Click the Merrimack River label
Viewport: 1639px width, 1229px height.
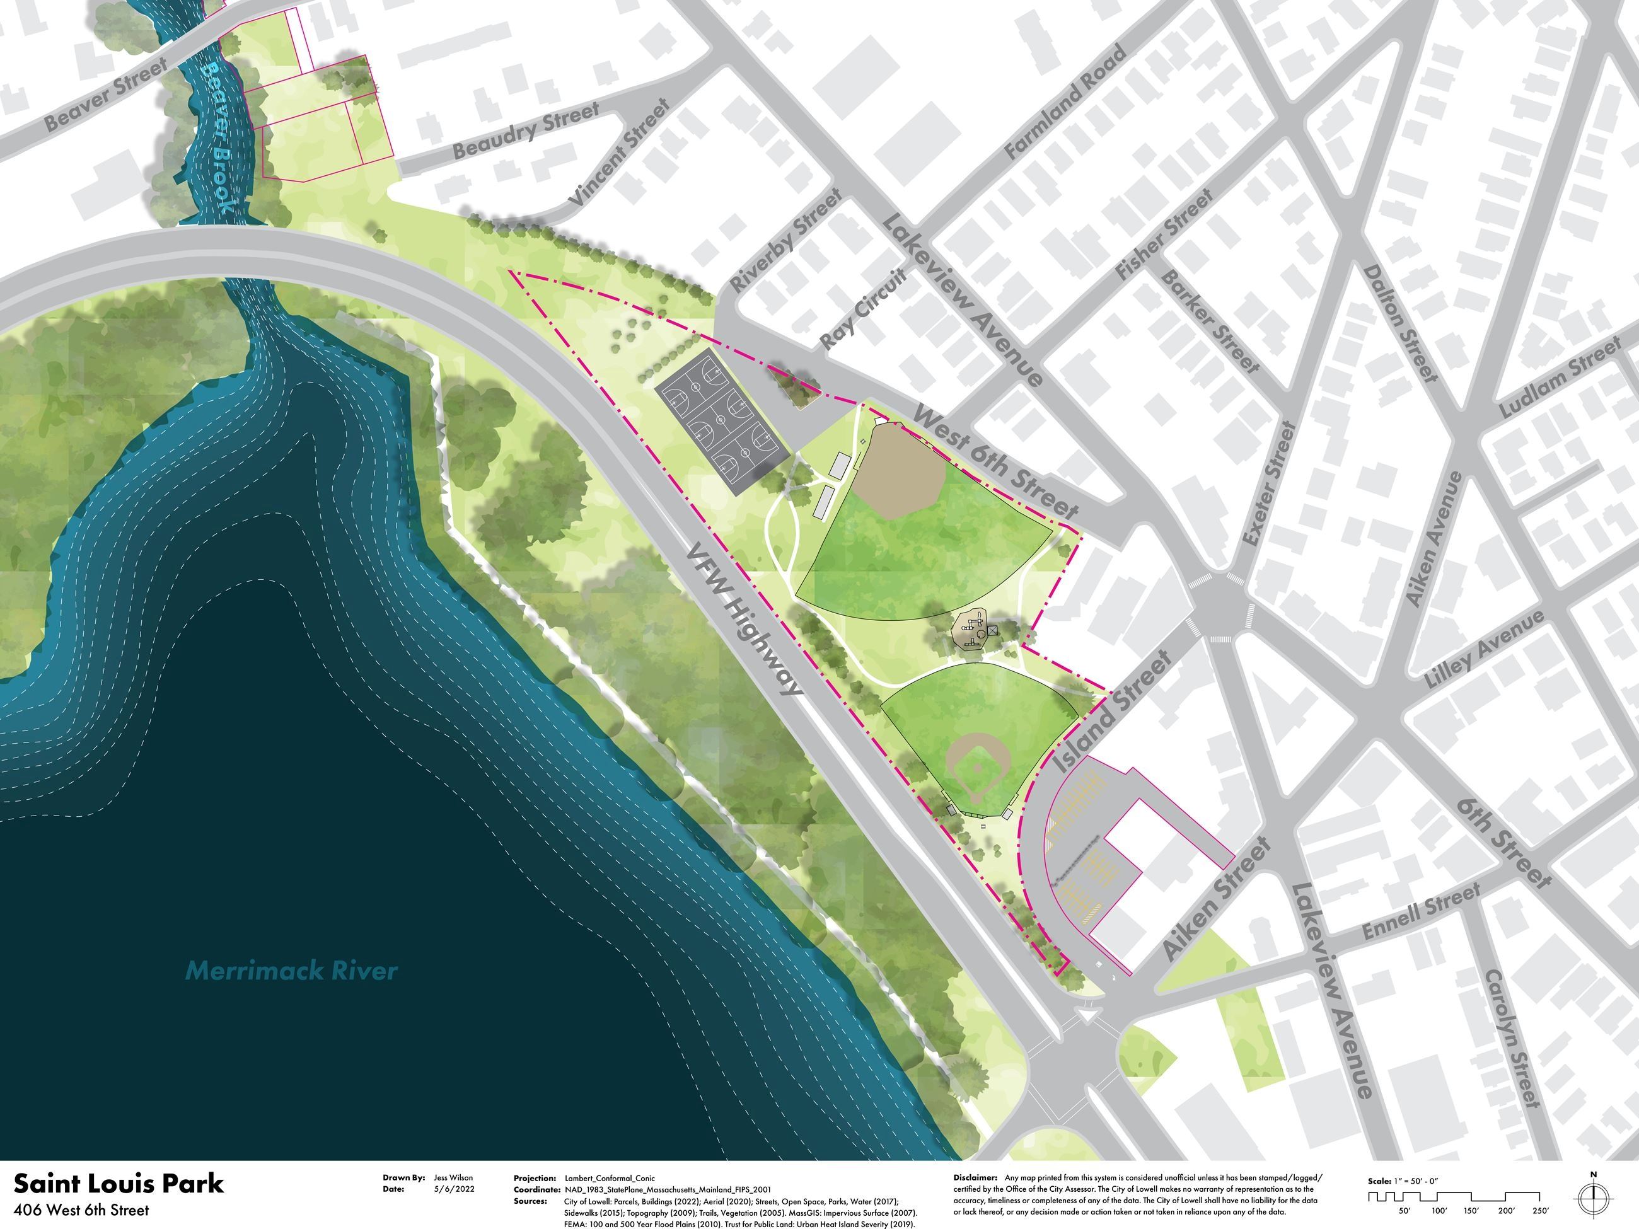tap(291, 971)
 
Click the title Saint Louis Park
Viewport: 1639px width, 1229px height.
tap(119, 1183)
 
